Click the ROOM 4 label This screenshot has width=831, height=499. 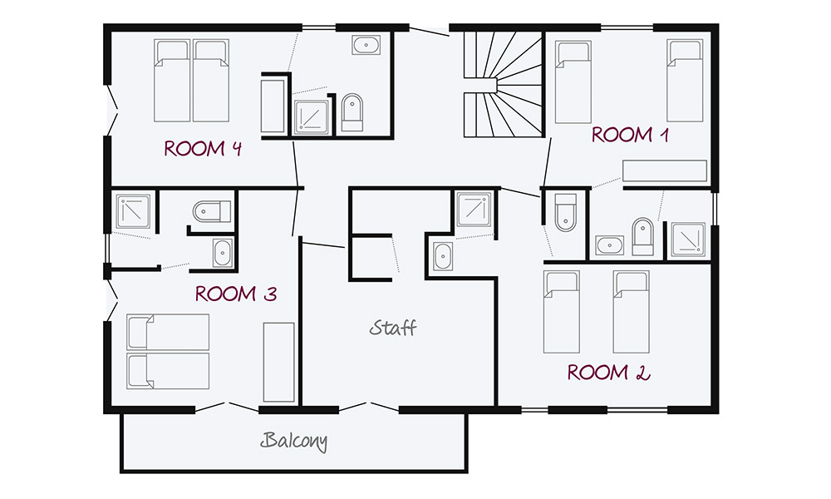coord(203,149)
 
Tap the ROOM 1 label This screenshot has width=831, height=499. coord(630,135)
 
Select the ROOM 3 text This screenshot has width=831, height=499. coord(235,294)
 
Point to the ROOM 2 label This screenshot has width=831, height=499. coord(607,372)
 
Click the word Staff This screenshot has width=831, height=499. coord(393,328)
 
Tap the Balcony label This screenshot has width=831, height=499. coord(294,441)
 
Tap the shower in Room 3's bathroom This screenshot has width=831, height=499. coord(133,213)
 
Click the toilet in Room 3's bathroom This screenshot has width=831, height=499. coord(210,213)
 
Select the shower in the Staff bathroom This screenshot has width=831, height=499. coord(475,210)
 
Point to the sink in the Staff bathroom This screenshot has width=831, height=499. coord(443,256)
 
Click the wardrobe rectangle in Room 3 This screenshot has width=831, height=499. coord(279,362)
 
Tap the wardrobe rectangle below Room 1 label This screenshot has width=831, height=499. coord(665,170)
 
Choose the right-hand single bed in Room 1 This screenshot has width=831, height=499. coord(686,81)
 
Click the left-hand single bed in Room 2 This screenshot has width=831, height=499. coord(562,310)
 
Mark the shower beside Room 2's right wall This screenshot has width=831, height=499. coord(688,240)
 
